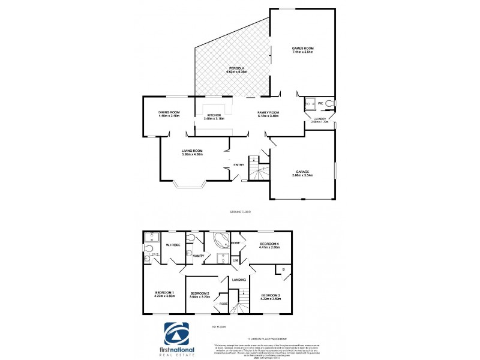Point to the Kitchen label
[214, 116]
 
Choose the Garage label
[302, 173]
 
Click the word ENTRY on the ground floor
[238, 166]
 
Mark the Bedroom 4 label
[269, 244]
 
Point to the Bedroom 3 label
[271, 296]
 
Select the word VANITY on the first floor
[199, 256]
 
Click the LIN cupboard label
[235, 260]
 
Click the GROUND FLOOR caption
[240, 212]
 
